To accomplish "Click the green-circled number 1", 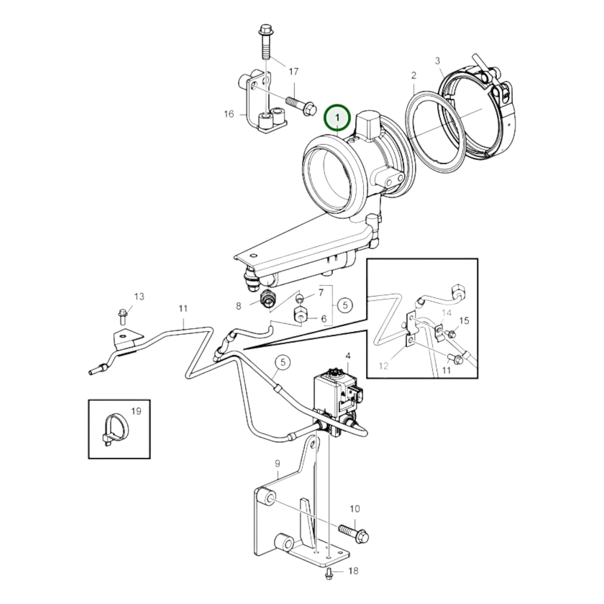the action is (337, 118).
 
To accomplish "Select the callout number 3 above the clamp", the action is (437, 61).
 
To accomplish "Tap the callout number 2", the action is (414, 75).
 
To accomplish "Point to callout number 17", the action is (293, 72).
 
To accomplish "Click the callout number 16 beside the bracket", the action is (229, 114).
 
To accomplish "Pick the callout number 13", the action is (139, 296).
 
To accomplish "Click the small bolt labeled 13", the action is (123, 318).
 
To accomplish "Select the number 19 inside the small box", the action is (136, 411).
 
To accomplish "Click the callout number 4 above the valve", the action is (348, 356).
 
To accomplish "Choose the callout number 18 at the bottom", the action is (353, 571).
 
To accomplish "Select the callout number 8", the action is (239, 306).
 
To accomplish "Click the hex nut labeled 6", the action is (300, 318).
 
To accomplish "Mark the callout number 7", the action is (321, 293).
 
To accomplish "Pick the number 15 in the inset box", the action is (464, 320).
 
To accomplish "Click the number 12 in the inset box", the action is (383, 366).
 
